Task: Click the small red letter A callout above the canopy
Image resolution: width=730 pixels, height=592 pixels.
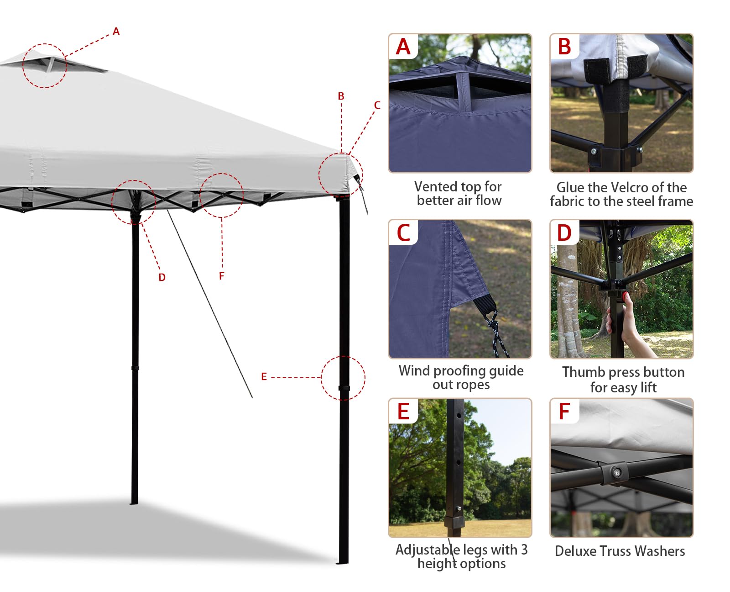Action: [x=116, y=31]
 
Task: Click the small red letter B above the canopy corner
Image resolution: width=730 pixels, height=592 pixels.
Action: [x=341, y=96]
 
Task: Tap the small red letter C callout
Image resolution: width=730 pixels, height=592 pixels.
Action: [x=377, y=105]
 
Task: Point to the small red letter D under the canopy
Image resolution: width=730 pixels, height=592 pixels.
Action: [x=162, y=277]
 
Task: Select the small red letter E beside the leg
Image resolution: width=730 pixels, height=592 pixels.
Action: [x=264, y=376]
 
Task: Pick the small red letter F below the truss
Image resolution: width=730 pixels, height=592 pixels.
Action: [x=221, y=276]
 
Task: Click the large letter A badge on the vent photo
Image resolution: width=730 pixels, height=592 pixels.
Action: [x=403, y=46]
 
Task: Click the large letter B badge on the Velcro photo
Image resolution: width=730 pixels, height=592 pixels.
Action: [x=564, y=46]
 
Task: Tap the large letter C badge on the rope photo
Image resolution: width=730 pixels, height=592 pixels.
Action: [x=403, y=233]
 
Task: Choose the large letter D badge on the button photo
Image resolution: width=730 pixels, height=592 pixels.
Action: [x=564, y=233]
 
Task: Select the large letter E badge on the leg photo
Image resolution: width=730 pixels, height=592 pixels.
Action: [x=403, y=412]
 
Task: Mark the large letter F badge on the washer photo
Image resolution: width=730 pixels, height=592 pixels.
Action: [x=564, y=412]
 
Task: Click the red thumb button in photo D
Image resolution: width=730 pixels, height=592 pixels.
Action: [x=625, y=295]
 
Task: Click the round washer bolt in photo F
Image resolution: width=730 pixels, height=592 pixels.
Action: [x=616, y=473]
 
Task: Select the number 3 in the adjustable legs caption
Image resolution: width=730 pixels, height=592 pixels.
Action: [x=524, y=550]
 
